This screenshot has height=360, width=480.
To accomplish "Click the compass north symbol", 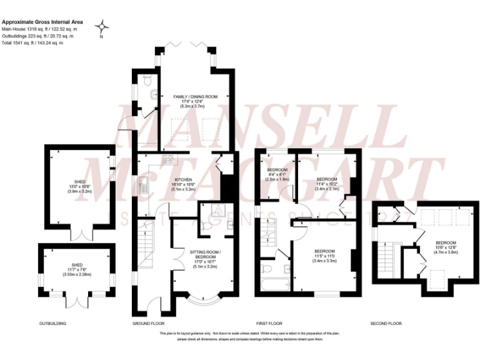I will point(102,27).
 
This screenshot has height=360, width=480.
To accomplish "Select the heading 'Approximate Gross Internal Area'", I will point(42,22).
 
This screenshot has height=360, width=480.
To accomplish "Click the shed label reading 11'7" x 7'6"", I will point(74,269).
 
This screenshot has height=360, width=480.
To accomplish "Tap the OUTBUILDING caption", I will point(53,324).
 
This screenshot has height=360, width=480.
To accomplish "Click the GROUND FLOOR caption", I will point(147,324).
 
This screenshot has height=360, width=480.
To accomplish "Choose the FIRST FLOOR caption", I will point(269,324).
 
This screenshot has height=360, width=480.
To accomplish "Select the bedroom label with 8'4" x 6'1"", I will point(277,174).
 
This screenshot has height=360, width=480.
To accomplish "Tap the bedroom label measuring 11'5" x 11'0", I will point(324,256).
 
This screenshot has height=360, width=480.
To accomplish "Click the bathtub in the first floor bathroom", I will point(274,284).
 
